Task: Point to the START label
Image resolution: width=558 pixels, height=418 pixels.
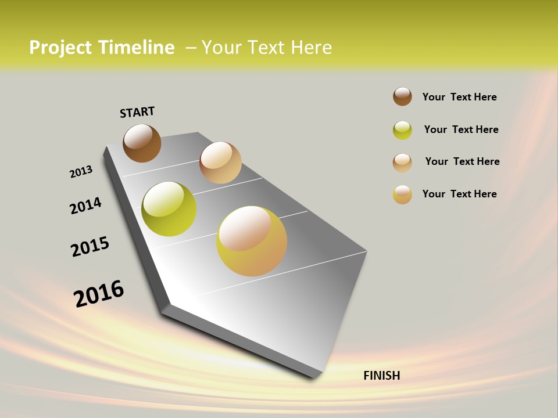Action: tap(137, 112)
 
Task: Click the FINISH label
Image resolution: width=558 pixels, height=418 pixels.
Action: tap(381, 376)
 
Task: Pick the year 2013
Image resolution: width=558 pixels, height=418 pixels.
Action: tap(81, 172)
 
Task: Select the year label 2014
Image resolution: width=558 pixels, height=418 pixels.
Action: tap(85, 206)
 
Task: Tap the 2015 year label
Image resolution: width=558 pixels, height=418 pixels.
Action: tap(90, 247)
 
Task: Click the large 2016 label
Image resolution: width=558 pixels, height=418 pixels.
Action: tap(98, 294)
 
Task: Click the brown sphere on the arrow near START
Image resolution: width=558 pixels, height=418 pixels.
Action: tap(142, 143)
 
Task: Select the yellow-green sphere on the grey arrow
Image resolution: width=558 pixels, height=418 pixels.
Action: tap(169, 209)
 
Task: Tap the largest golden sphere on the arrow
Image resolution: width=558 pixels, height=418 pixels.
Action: tap(252, 241)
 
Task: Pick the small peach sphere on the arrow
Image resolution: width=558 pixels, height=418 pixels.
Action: tap(220, 163)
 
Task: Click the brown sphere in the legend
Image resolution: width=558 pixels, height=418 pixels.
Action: tap(402, 96)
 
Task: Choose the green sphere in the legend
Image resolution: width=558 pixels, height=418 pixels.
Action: tap(402, 130)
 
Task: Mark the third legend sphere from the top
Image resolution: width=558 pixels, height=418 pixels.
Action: tap(402, 163)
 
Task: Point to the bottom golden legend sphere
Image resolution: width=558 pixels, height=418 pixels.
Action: tap(402, 194)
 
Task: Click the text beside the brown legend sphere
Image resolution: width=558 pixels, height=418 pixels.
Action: tap(459, 97)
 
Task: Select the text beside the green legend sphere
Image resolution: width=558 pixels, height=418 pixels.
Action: tap(461, 129)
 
